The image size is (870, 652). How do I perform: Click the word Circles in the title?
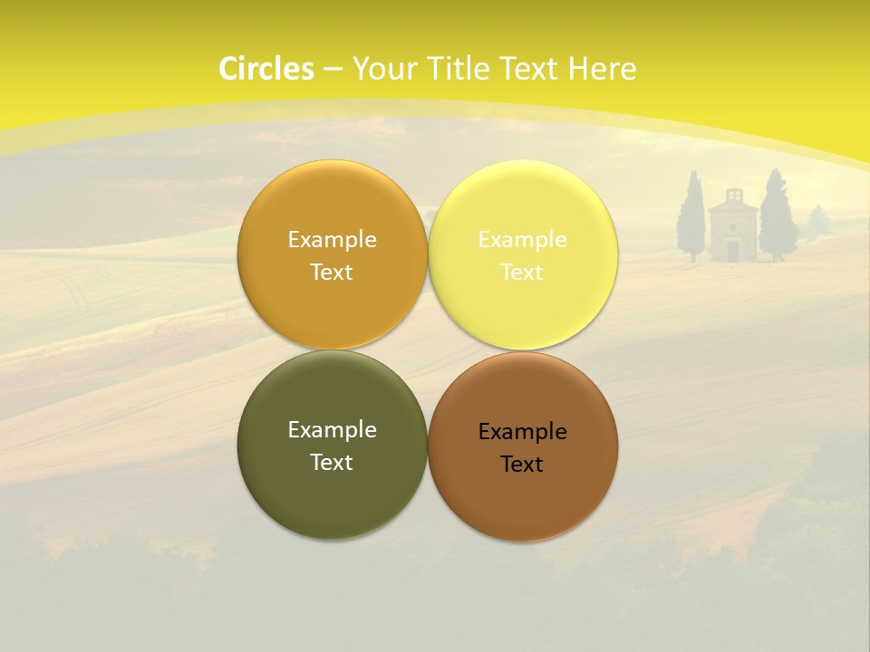point(266,69)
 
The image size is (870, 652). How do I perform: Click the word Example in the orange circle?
point(332,240)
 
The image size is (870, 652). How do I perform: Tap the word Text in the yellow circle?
point(522,273)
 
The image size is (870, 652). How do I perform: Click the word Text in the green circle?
point(332,463)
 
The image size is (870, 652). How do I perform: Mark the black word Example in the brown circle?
point(522,432)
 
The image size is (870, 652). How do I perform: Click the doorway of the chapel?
point(732,251)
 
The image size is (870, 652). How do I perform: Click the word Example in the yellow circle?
point(522,240)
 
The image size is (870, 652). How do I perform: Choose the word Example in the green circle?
point(332,430)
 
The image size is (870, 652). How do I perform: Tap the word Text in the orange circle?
point(332,273)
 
